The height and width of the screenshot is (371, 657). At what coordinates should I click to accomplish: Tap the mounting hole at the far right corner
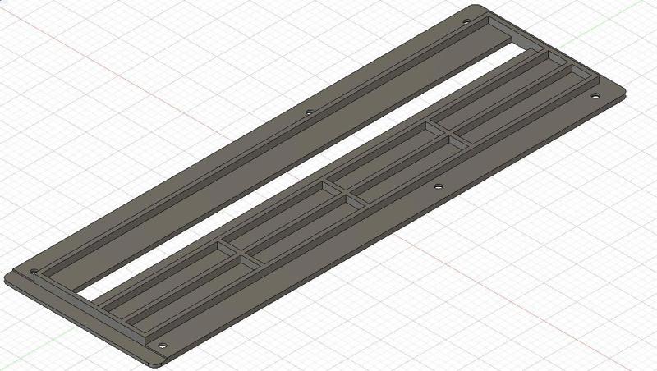coord(596,96)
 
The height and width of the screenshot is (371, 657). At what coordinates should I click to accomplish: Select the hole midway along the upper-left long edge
coord(309,112)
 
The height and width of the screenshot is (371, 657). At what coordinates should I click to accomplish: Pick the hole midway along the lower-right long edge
coord(438,187)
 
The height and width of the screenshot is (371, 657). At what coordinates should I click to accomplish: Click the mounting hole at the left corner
coord(34,271)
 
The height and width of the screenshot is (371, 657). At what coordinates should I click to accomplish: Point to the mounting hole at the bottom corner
coord(162,346)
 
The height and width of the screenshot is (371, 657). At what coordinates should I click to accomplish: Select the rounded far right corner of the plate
coord(622,91)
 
